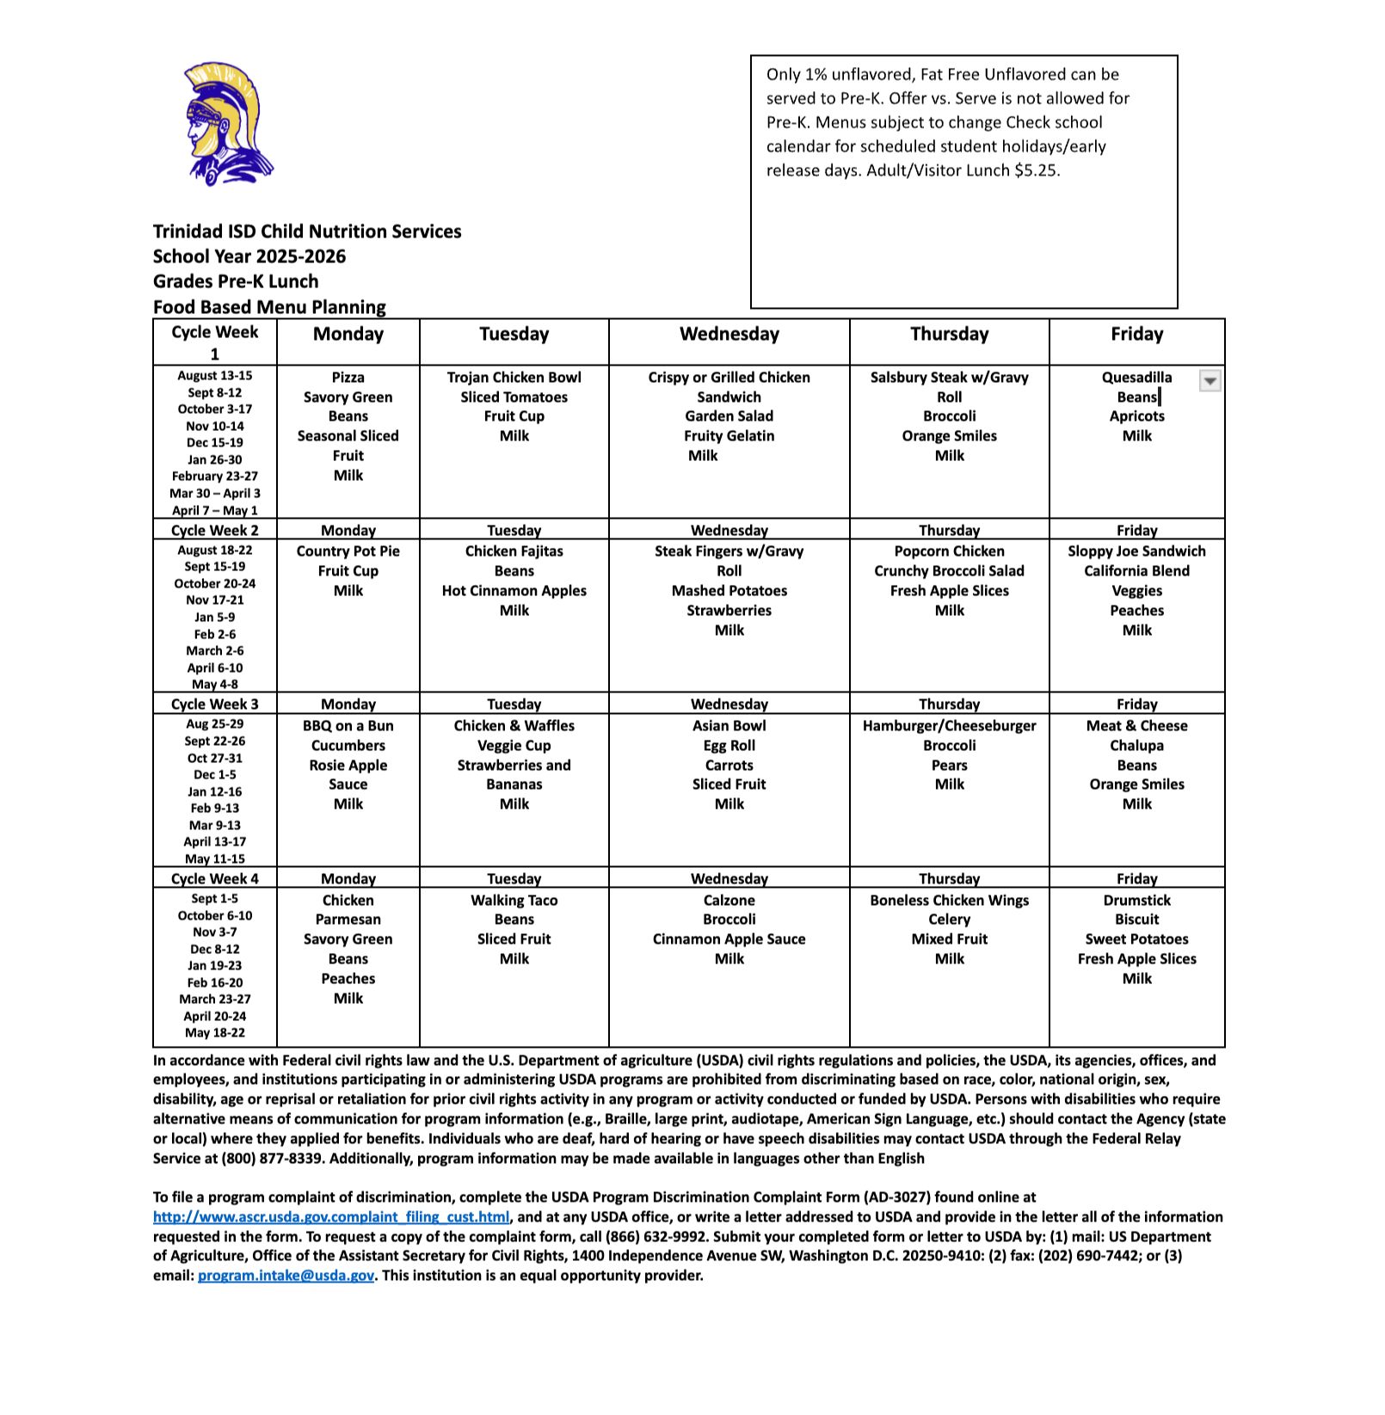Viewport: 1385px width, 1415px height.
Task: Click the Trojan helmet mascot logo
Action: pyautogui.click(x=225, y=123)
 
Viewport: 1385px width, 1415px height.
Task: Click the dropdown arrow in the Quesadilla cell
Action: pyautogui.click(x=1210, y=381)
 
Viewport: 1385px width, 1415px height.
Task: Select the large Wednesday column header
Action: pyautogui.click(x=729, y=335)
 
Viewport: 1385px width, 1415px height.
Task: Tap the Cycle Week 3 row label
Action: pyautogui.click(x=214, y=704)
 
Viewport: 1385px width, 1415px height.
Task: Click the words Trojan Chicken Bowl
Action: pyautogui.click(x=514, y=378)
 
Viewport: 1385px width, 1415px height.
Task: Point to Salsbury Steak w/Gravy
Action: pyautogui.click(x=949, y=378)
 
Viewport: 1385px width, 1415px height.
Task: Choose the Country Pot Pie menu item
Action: pyautogui.click(x=348, y=551)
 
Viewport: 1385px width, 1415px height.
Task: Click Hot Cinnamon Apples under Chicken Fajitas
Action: pyautogui.click(x=514, y=591)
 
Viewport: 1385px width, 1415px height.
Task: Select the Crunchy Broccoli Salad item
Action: pyautogui.click(x=949, y=571)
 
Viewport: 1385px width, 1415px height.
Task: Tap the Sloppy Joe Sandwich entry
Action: pyautogui.click(x=1136, y=551)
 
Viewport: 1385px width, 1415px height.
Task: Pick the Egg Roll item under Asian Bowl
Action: pyautogui.click(x=729, y=746)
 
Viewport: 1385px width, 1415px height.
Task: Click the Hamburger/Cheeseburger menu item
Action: pyautogui.click(x=949, y=726)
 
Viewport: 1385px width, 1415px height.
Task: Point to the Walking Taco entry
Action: pyautogui.click(x=514, y=901)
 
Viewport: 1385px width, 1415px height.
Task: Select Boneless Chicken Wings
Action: pyautogui.click(x=949, y=901)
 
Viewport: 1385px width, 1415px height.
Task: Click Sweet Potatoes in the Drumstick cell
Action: pyautogui.click(x=1136, y=939)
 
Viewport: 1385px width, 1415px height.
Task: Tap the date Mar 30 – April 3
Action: pyautogui.click(x=214, y=494)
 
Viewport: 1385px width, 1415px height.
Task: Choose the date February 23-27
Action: pyautogui.click(x=214, y=477)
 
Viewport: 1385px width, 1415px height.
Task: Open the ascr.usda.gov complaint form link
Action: pyautogui.click(x=331, y=1217)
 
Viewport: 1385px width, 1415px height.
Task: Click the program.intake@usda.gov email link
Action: pyautogui.click(x=286, y=1276)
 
